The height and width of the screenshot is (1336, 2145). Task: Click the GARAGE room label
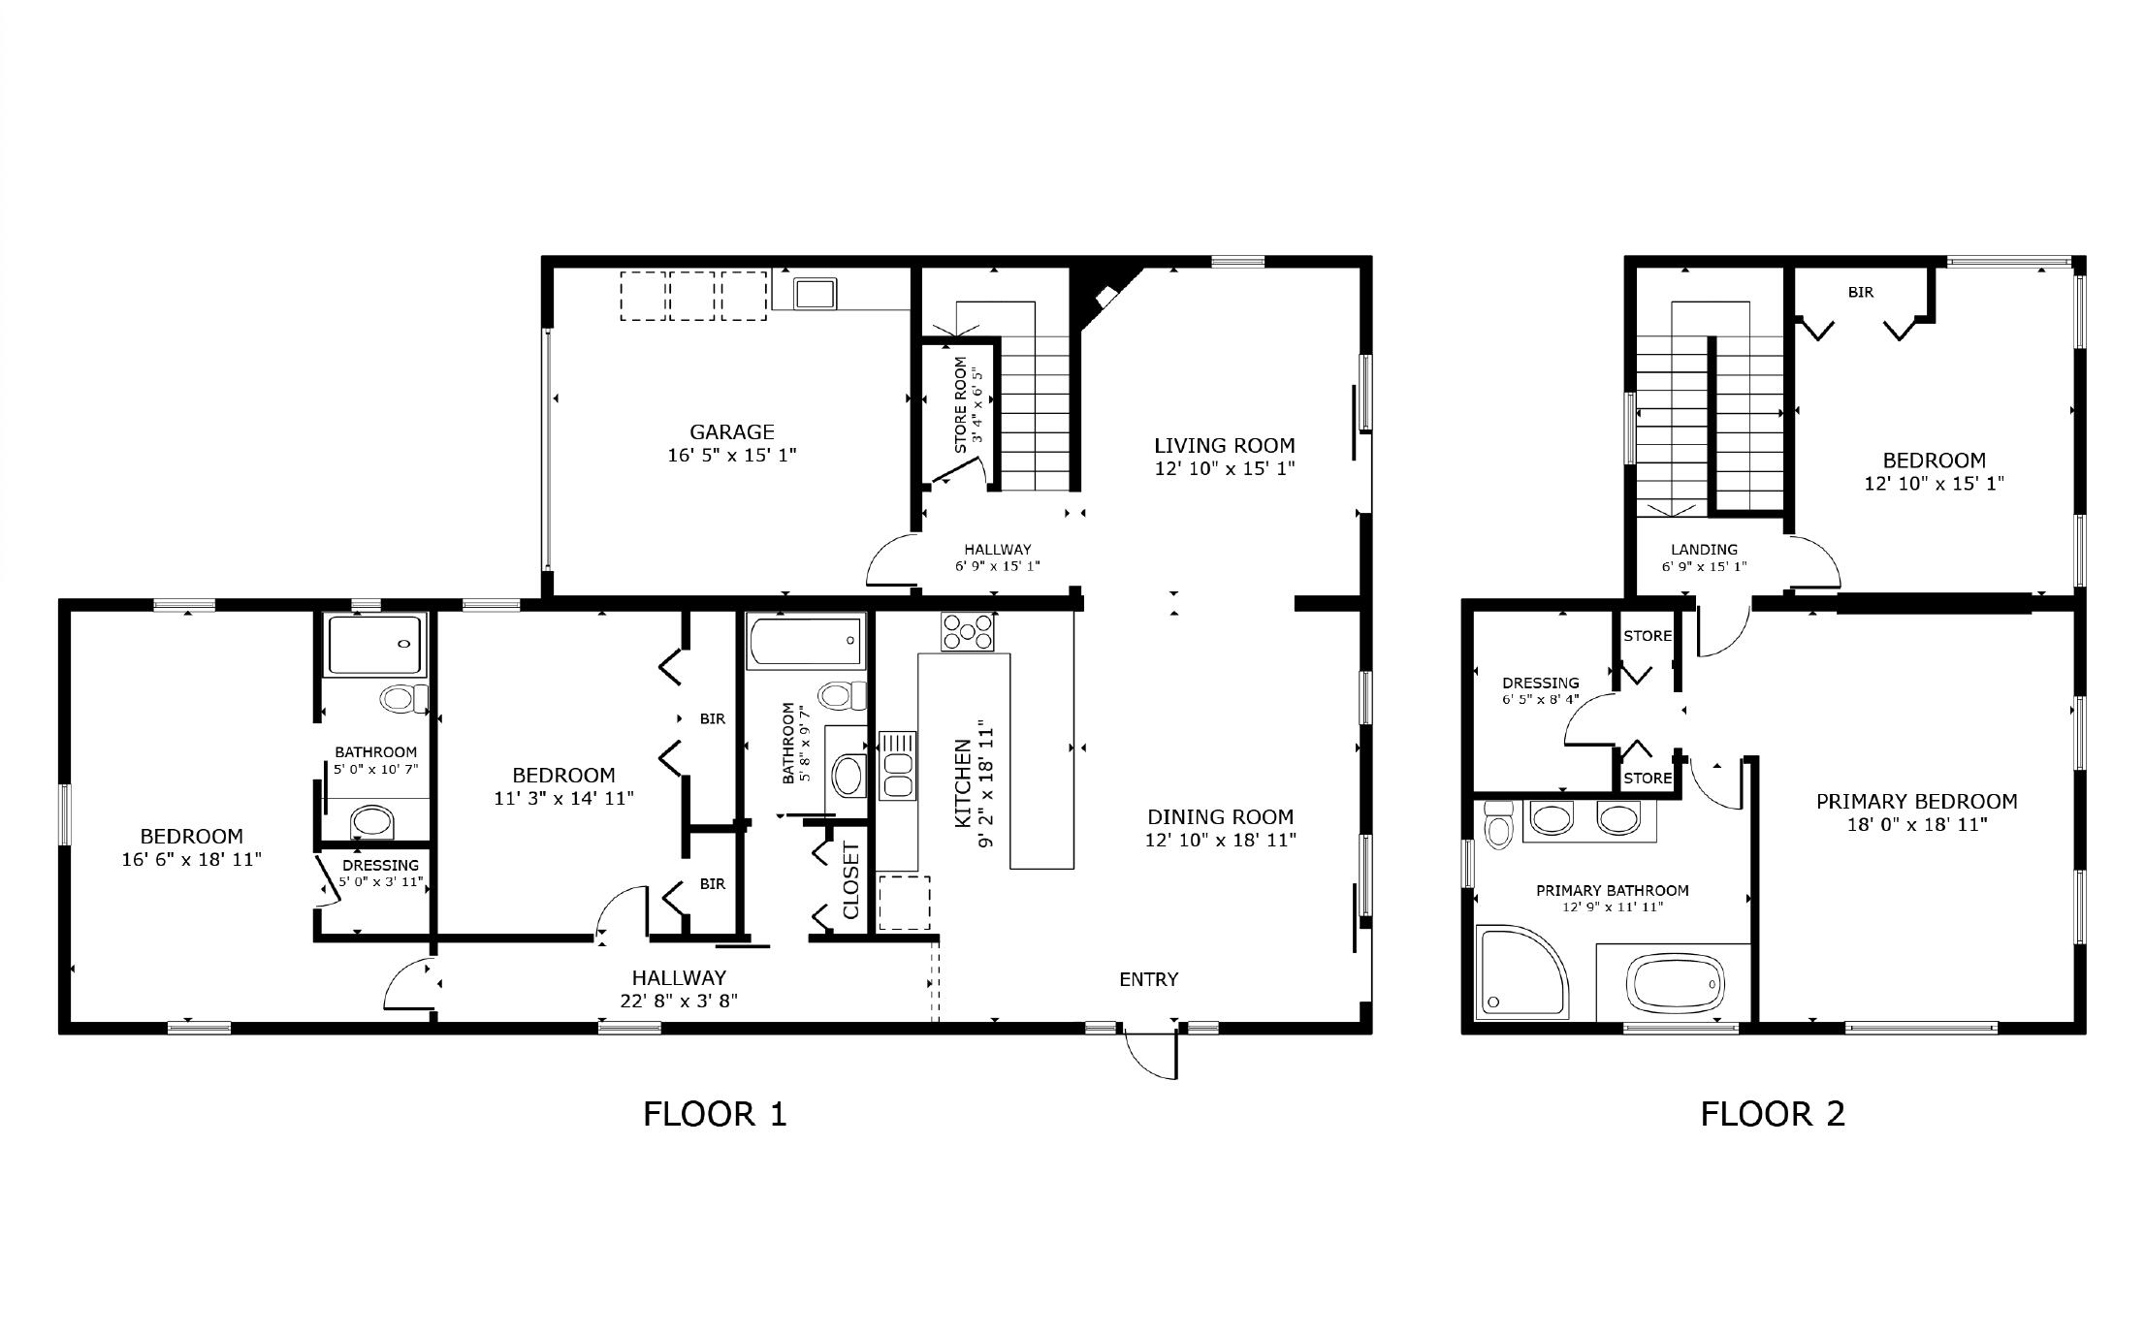[x=731, y=432]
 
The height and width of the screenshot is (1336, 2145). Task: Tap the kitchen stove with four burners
[x=967, y=632]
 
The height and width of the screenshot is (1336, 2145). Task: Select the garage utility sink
[x=816, y=292]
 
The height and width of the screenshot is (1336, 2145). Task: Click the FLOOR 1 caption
[x=715, y=1114]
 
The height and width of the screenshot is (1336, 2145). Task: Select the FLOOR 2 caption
[x=1772, y=1114]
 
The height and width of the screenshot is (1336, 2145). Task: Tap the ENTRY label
[x=1148, y=979]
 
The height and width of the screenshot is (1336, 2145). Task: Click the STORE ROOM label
[x=961, y=405]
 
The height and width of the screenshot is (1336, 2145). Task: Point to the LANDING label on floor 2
[x=1704, y=550]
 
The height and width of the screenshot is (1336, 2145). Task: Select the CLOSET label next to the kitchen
[x=851, y=880]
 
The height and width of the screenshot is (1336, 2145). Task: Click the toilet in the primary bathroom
[x=1498, y=824]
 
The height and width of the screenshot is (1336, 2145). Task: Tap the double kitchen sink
[x=897, y=766]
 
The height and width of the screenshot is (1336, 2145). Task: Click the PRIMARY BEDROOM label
[x=1916, y=802]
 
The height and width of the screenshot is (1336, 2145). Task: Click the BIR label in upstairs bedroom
[x=1860, y=292]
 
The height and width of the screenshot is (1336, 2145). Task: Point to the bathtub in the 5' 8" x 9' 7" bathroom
[x=806, y=641]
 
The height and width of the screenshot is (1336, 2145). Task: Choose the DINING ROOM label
[x=1220, y=817]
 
